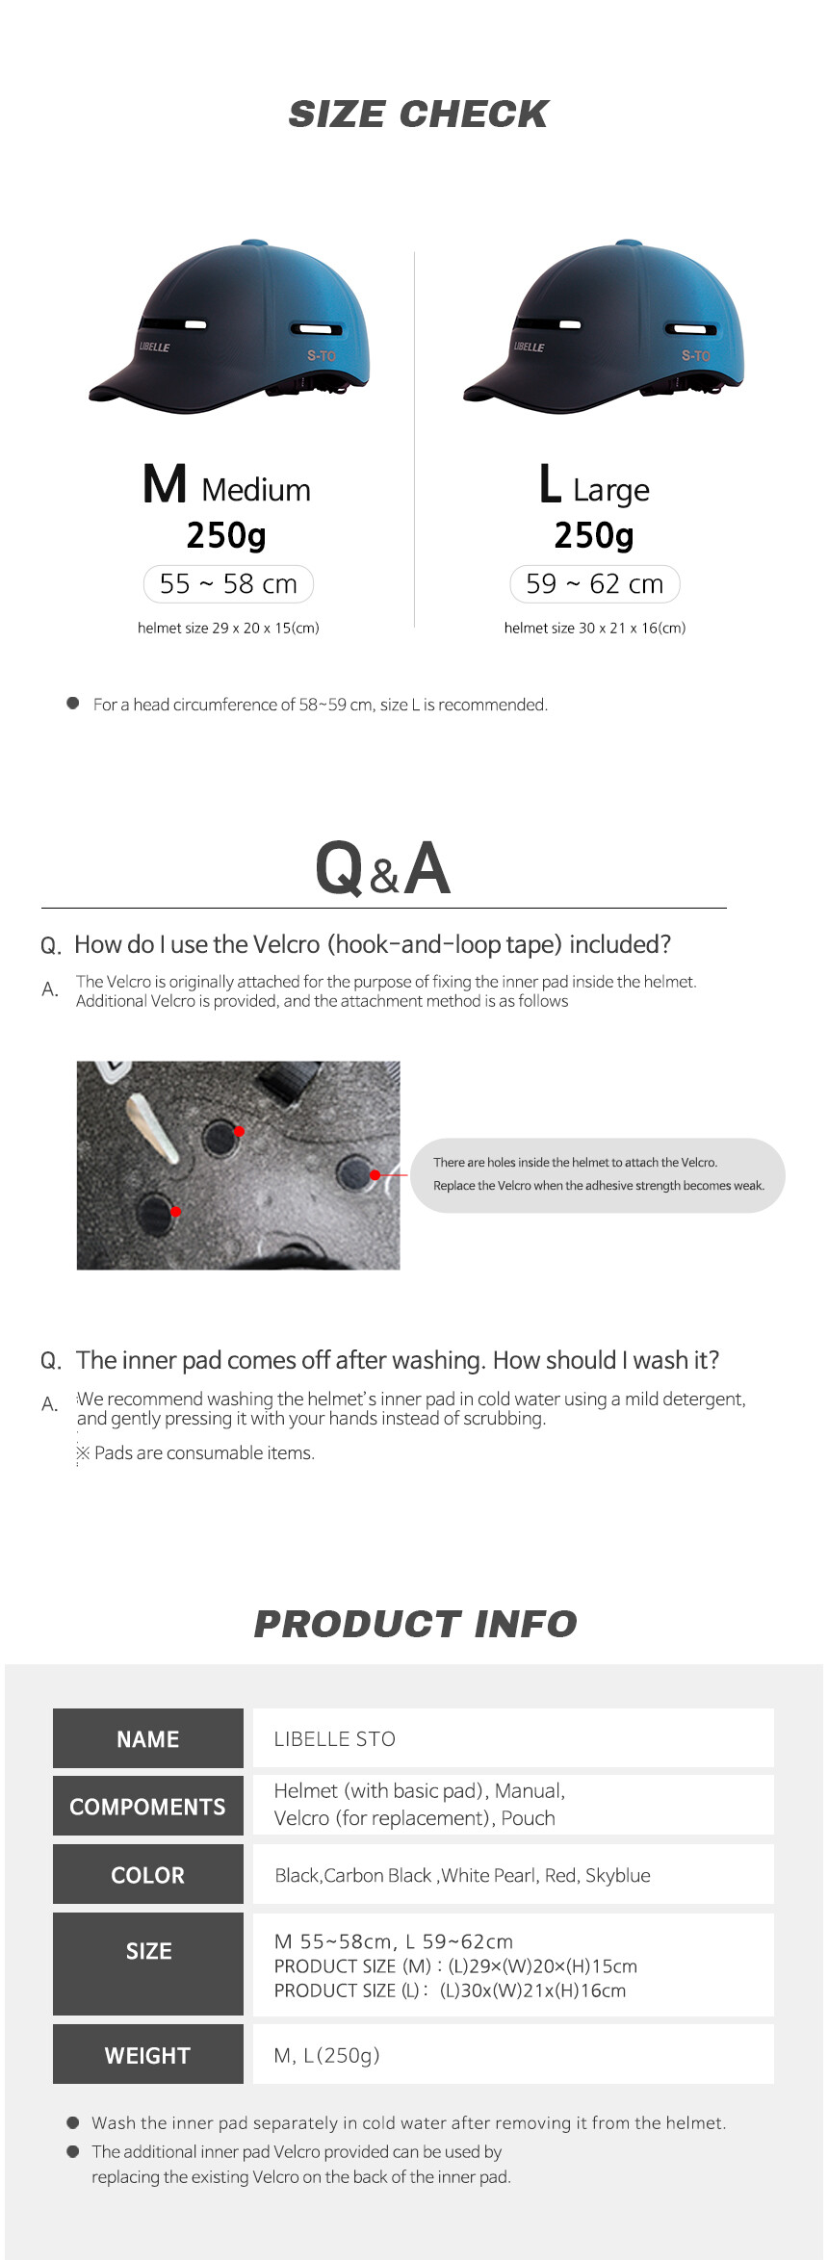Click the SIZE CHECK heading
418,115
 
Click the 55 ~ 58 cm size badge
228,584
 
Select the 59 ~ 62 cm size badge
595,584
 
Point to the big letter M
165,484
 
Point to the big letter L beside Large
550,484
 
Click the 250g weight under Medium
226,535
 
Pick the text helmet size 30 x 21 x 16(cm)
595,628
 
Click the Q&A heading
383,868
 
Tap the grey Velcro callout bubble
598,1174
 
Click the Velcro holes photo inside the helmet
238,1165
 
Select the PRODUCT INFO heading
415,1624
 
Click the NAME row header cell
148,1738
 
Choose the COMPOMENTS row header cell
148,1806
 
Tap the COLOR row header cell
148,1874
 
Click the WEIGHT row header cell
148,2054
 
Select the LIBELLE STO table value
335,1739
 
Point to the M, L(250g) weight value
327,2055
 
